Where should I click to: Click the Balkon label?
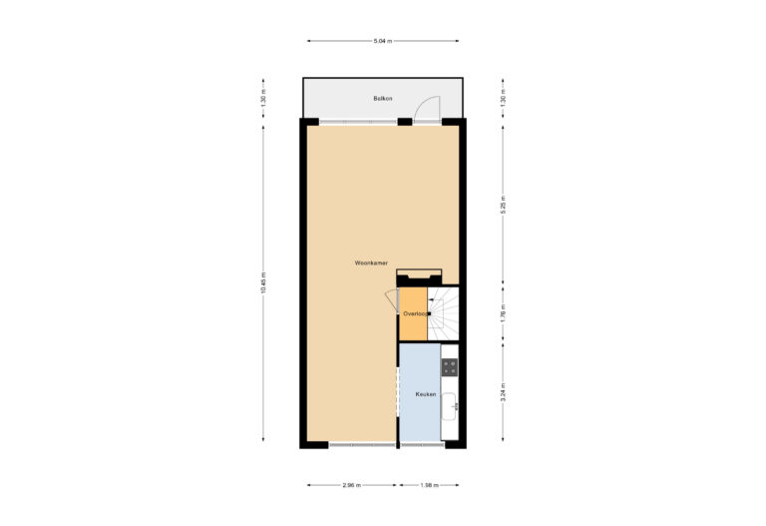pyautogui.click(x=381, y=98)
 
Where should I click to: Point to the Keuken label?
pyautogui.click(x=426, y=395)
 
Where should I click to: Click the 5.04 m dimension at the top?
pyautogui.click(x=382, y=41)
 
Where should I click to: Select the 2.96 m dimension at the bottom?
pyautogui.click(x=351, y=486)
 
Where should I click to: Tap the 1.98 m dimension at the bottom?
pyautogui.click(x=429, y=486)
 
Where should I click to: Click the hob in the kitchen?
pyautogui.click(x=450, y=367)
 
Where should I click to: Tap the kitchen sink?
pyautogui.click(x=451, y=403)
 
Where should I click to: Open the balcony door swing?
pyautogui.click(x=427, y=108)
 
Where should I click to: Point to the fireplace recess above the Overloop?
pyautogui.click(x=418, y=276)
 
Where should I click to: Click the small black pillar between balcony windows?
pyautogui.click(x=404, y=122)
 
